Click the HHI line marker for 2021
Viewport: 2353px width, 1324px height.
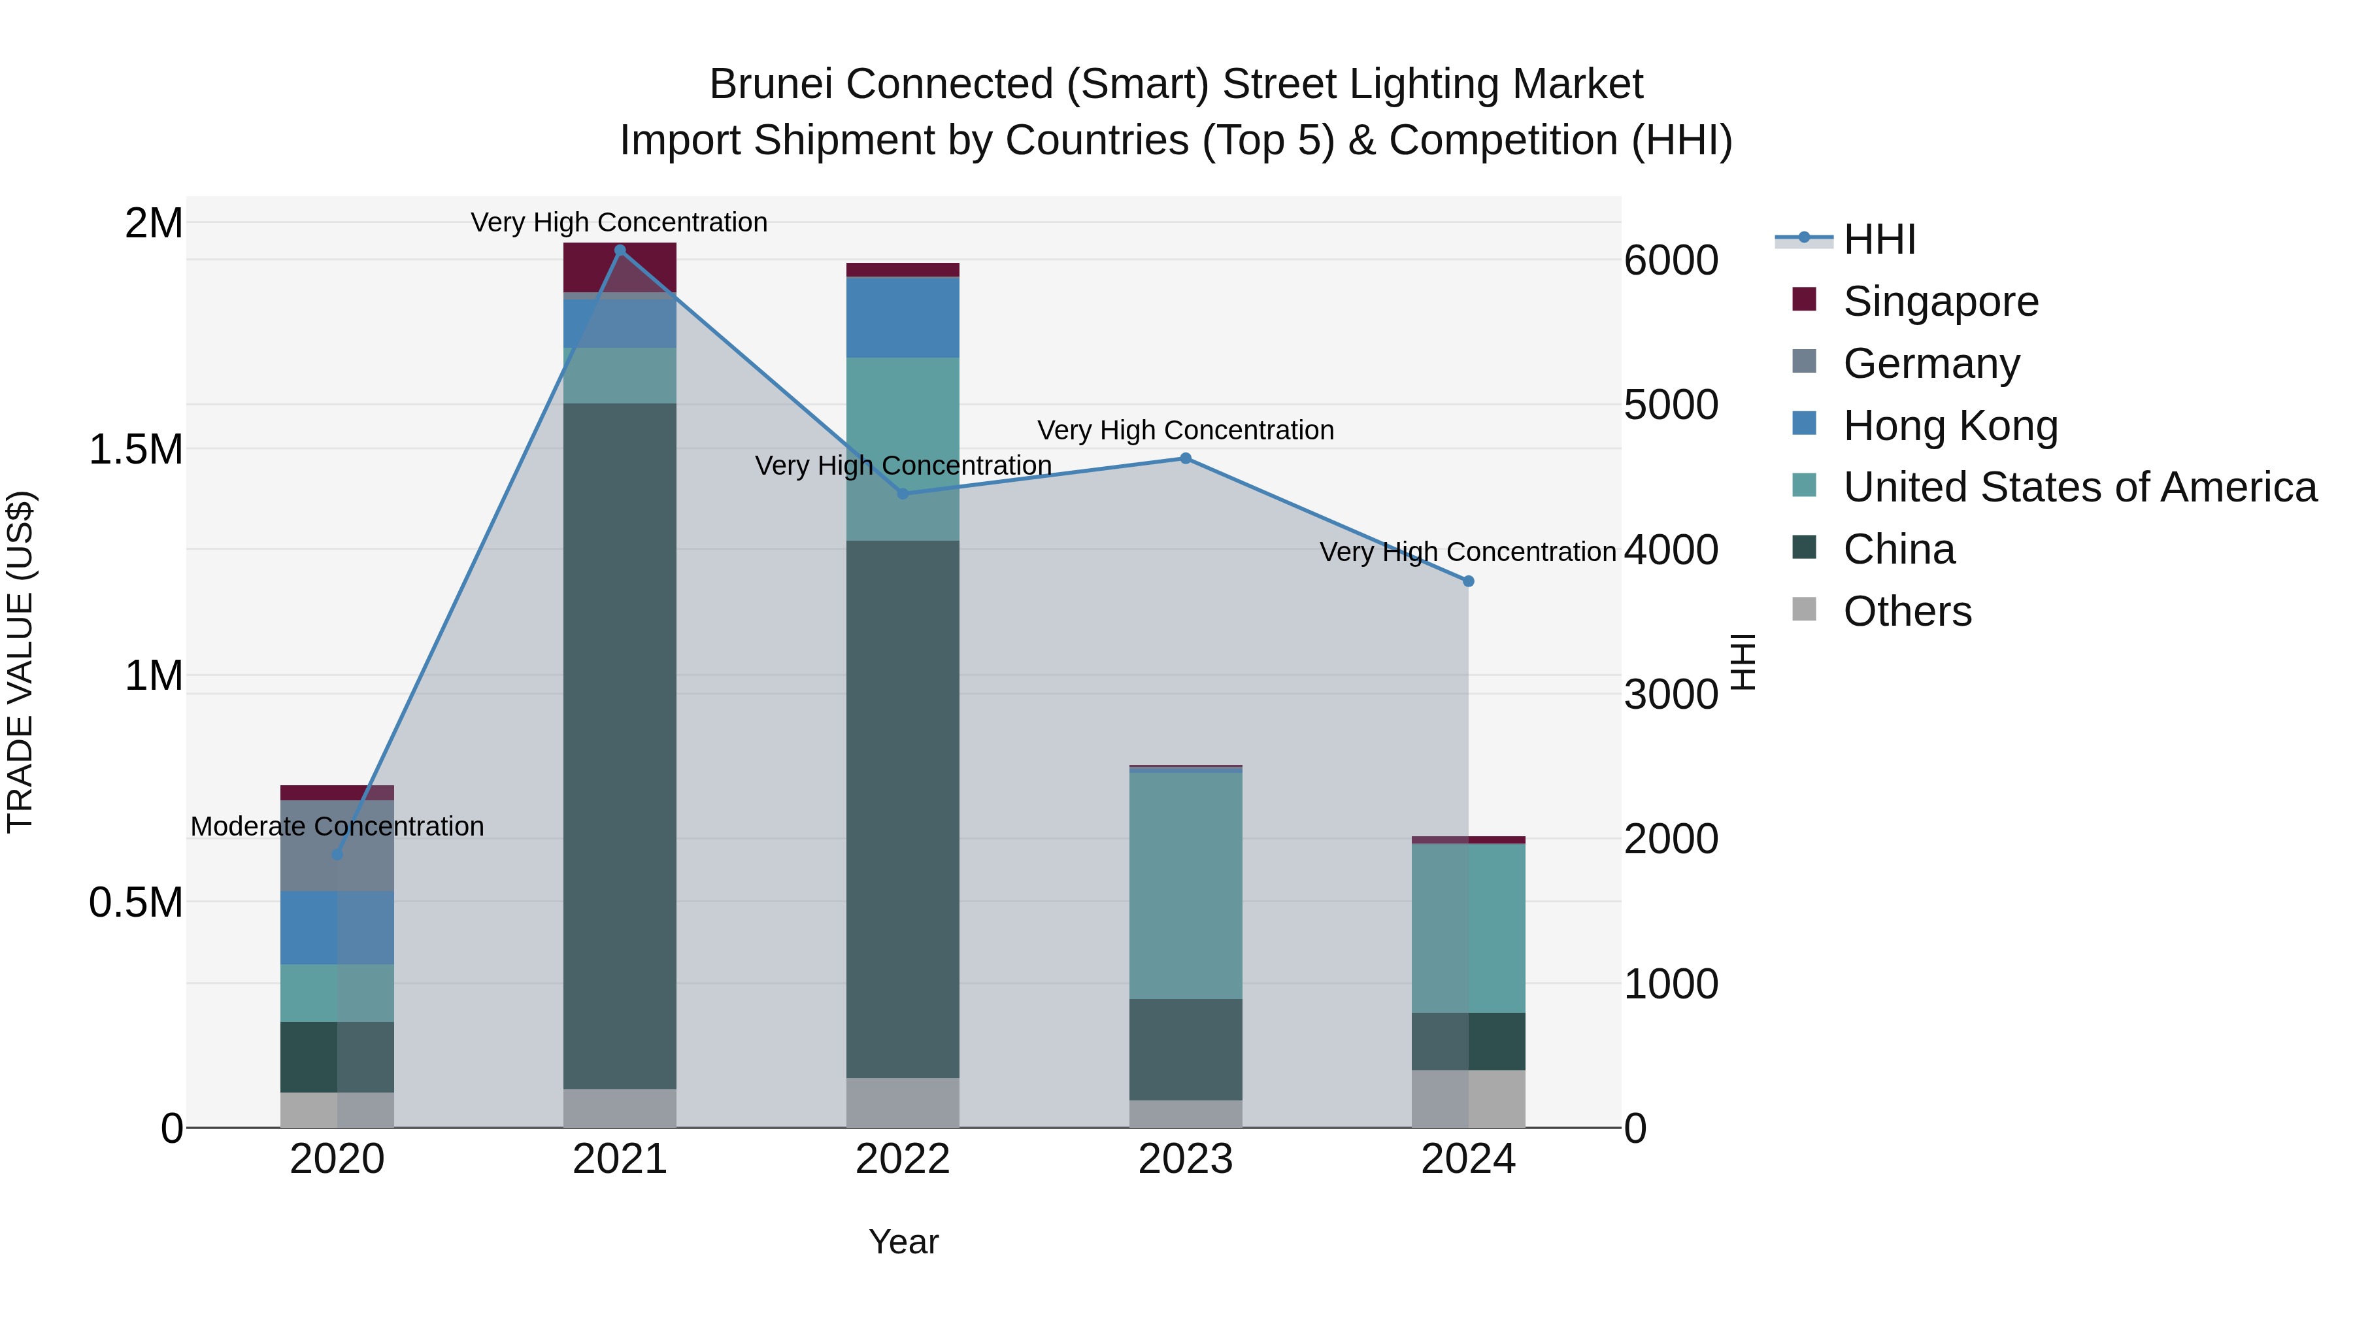(x=620, y=250)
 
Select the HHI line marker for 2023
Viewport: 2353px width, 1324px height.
(x=1186, y=459)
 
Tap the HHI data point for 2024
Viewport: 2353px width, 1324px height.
(x=1468, y=581)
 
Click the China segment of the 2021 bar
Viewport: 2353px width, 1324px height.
(x=620, y=745)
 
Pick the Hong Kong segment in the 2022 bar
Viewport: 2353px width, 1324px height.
(x=903, y=317)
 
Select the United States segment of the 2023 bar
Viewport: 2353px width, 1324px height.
(x=1186, y=885)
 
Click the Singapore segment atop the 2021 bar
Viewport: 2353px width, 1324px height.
(x=620, y=267)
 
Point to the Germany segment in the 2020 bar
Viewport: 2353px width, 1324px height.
(x=337, y=845)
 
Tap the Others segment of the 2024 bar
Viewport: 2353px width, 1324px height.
(x=1468, y=1098)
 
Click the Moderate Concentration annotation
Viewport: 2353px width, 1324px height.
(x=337, y=826)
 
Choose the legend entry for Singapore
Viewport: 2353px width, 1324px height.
(x=1940, y=301)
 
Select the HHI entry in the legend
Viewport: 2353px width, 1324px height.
(x=1879, y=239)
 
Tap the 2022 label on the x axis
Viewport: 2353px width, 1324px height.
(x=903, y=1159)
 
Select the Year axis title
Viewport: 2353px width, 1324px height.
(x=903, y=1242)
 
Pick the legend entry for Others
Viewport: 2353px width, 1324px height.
(x=1907, y=611)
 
